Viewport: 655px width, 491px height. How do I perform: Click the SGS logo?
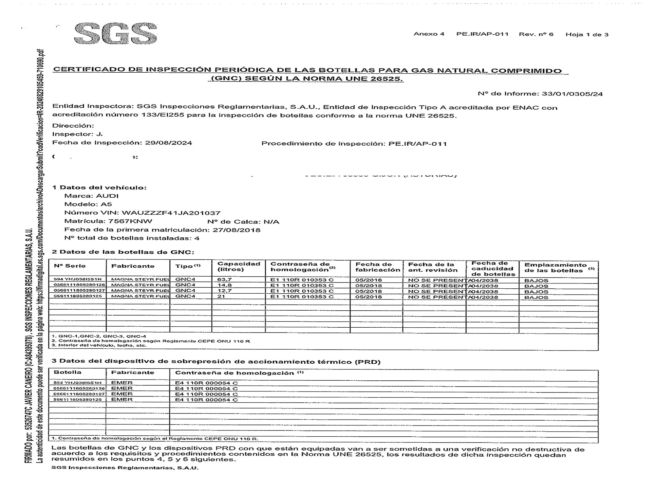pyautogui.click(x=116, y=34)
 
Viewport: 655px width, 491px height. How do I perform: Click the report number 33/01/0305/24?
pyautogui.click(x=572, y=94)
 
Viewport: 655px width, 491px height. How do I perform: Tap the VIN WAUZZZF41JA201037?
pyautogui.click(x=171, y=213)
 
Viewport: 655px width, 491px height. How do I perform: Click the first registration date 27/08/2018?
pyautogui.click(x=236, y=230)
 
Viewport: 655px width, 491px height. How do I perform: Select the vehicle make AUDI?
pyautogui.click(x=107, y=196)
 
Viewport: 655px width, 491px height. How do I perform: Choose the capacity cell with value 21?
pyautogui.click(x=221, y=297)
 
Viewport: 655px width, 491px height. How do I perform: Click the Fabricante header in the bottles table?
pyautogui.click(x=133, y=266)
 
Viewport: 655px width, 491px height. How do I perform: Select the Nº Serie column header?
pyautogui.click(x=70, y=266)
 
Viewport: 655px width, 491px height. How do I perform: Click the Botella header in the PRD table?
pyautogui.click(x=67, y=372)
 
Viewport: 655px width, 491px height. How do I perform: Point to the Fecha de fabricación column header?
pyautogui.click(x=378, y=267)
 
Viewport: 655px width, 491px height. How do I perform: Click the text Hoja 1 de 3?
pyautogui.click(x=587, y=34)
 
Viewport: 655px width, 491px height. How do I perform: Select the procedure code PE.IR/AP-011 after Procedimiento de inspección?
pyautogui.click(x=418, y=144)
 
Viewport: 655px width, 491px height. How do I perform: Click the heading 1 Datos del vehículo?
pyautogui.click(x=100, y=188)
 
